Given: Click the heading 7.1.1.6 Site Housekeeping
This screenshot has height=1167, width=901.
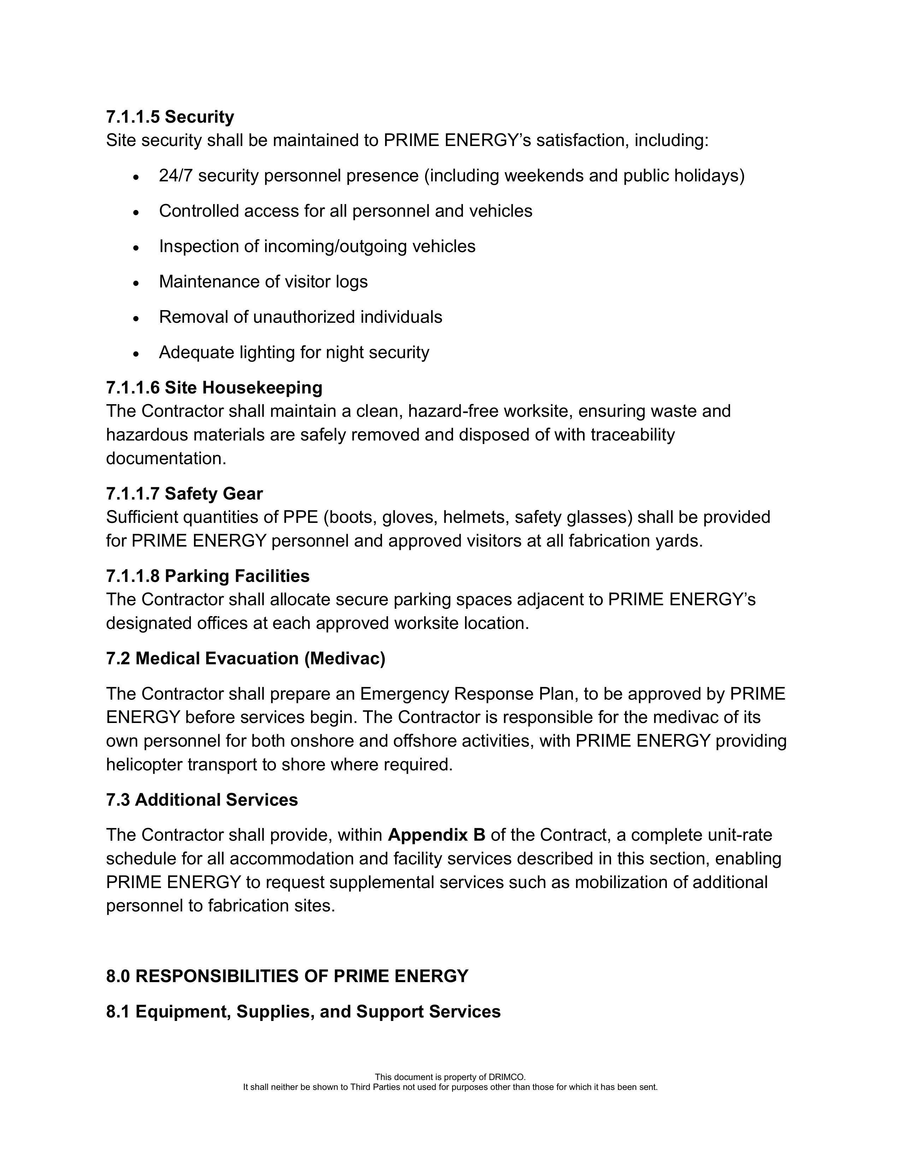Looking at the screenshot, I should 214,387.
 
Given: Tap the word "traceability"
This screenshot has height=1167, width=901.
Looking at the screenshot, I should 632,434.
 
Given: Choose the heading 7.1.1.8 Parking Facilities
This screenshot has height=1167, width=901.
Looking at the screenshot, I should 208,576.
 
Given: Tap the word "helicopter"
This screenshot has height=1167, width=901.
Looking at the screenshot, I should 144,765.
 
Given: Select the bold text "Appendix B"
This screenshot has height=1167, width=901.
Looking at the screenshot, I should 436,835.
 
